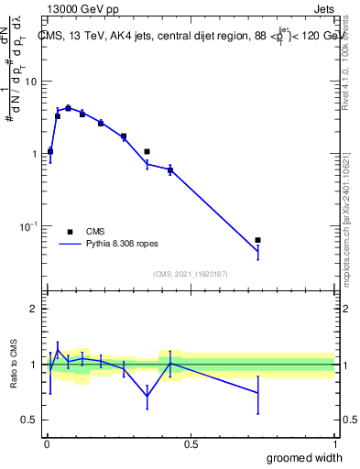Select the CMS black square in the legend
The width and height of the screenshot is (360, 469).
click(70, 232)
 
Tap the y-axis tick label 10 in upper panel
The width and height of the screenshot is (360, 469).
click(29, 82)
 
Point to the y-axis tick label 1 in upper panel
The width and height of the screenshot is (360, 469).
click(33, 154)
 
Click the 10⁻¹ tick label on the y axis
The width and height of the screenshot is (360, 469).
click(27, 226)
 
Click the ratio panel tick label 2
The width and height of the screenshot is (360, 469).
click(33, 310)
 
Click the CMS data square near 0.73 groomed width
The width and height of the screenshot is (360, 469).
click(258, 240)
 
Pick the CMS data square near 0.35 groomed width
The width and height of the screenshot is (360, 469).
click(147, 151)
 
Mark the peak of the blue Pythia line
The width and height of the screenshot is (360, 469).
click(68, 107)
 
